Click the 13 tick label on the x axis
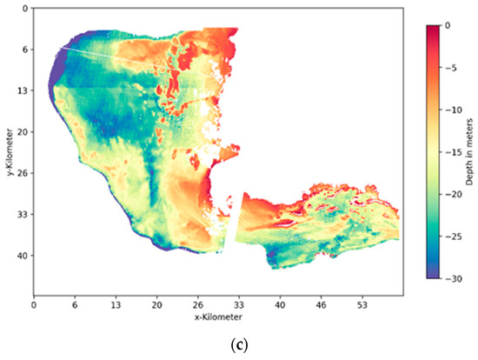click(x=116, y=306)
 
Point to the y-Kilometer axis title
click(x=8, y=153)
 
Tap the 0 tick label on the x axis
click(x=34, y=306)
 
